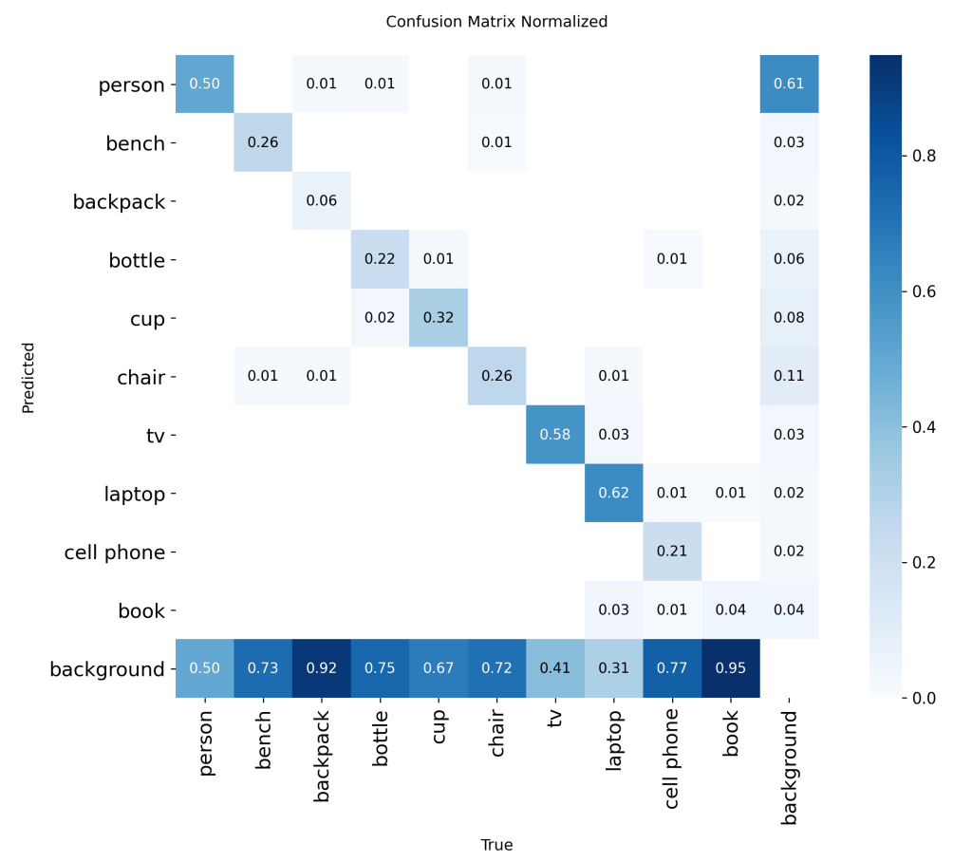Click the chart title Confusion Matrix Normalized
pos(496,21)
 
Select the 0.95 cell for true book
pos(731,669)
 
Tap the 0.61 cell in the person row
pos(789,84)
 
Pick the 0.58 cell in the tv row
pos(555,435)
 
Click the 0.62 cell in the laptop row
pos(614,494)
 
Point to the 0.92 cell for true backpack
pos(322,669)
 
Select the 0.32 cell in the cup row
pos(439,318)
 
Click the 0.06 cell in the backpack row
pos(322,201)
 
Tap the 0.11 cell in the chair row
pos(789,377)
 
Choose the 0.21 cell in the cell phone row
pos(672,553)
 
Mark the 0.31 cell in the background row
pos(614,669)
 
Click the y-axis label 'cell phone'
pos(115,553)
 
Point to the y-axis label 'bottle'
pos(137,260)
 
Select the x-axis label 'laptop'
pos(614,740)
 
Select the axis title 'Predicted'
pos(28,377)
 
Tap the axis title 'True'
pos(496,845)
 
